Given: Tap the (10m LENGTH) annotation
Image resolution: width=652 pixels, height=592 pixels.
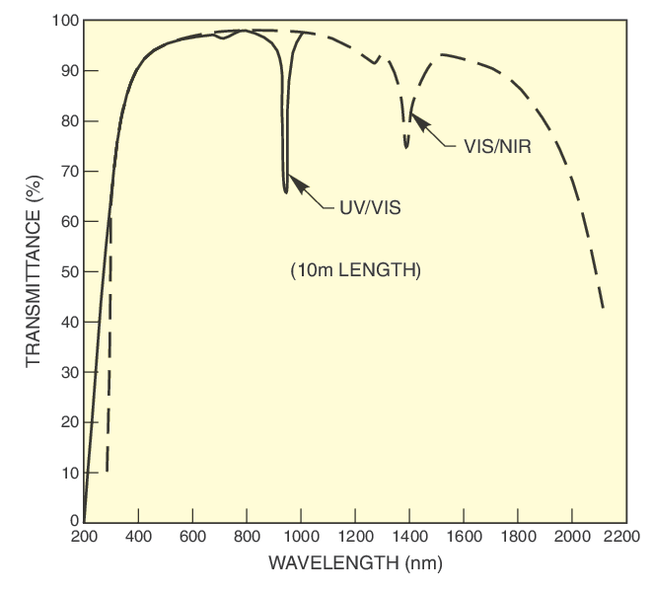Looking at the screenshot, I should pos(355,270).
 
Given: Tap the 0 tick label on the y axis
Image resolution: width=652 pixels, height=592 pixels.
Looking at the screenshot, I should pos(74,521).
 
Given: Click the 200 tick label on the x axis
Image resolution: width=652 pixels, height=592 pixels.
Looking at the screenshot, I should pos(85,538).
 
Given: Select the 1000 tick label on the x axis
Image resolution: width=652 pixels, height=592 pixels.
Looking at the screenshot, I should pos(300,538).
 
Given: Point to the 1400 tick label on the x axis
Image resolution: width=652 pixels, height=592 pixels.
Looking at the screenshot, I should pos(407,538).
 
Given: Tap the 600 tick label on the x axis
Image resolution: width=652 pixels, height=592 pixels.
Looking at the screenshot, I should pos(192,538).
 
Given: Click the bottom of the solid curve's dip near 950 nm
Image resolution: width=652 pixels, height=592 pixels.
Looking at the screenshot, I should pos(286,191).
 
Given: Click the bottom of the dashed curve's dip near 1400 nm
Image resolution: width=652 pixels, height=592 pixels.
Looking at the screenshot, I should pos(406,147).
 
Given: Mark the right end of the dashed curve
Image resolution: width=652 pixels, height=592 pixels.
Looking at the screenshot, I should pos(603,309).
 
